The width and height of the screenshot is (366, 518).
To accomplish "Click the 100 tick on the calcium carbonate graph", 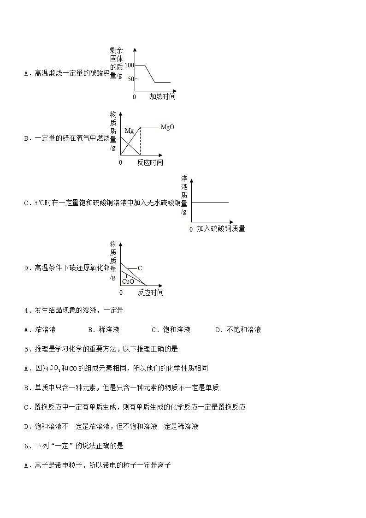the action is click(x=129, y=65).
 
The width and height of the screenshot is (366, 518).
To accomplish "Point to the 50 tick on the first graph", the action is click(x=130, y=79).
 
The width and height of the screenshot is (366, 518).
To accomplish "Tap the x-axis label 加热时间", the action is click(x=162, y=97).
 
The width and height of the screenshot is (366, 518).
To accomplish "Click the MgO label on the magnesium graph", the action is click(x=167, y=127).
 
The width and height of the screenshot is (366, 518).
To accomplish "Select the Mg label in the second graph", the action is click(x=129, y=131).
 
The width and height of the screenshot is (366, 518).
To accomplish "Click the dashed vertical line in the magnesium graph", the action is click(x=140, y=141).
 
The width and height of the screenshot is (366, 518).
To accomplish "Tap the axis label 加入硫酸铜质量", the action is click(x=221, y=229).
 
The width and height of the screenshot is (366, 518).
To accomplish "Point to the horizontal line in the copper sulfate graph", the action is click(x=210, y=202).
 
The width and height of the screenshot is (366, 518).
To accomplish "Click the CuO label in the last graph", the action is click(x=128, y=281).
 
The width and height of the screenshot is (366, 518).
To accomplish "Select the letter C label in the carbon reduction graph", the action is click(x=140, y=268).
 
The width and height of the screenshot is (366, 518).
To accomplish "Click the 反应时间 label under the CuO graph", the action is click(x=150, y=293).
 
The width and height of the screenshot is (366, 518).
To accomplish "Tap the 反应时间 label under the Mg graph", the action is click(x=150, y=163).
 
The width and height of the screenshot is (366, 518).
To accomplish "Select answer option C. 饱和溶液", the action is click(x=171, y=330).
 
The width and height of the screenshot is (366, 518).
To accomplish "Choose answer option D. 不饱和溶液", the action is click(x=238, y=330).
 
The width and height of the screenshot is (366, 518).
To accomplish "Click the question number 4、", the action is click(x=27, y=310).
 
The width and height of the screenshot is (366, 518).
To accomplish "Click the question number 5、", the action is click(x=27, y=349).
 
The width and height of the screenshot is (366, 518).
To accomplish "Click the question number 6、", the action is click(x=27, y=446).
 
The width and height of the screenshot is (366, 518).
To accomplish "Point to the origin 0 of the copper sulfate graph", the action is click(x=191, y=229).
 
